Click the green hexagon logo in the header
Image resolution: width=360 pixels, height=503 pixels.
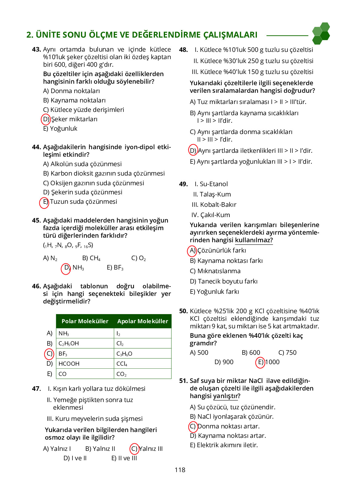321,33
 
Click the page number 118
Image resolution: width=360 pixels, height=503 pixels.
180,470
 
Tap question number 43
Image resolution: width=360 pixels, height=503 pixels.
36,49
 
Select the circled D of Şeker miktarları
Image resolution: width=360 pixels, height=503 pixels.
45,119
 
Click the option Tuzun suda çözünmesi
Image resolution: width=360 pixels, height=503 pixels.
83,202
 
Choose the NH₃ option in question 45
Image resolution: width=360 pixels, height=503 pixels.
78,268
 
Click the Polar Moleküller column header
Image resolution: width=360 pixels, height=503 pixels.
85,321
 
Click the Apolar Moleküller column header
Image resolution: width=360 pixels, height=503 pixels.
143,321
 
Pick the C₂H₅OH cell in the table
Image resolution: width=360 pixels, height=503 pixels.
69,344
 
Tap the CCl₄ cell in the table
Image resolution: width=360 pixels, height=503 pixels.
122,364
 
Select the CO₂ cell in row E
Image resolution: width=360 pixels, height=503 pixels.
122,374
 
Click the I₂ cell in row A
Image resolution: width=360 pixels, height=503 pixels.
119,334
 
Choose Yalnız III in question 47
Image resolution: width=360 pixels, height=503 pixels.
150,449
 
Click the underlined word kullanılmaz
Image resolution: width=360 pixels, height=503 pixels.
254,240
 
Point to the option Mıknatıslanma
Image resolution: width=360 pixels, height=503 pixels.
219,271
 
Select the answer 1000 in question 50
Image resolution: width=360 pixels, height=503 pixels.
272,362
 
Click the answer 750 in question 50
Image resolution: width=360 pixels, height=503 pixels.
291,353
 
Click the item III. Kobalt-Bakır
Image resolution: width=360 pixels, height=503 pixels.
214,205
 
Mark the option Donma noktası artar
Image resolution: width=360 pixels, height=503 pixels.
228,426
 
